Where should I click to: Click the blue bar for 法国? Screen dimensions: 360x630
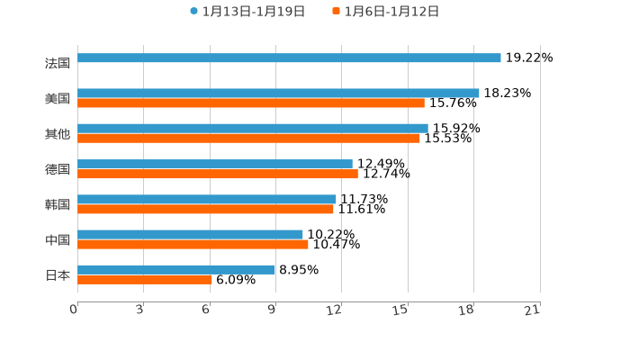[289, 58]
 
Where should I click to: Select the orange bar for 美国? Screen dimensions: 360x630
[251, 103]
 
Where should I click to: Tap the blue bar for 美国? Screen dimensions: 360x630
[278, 93]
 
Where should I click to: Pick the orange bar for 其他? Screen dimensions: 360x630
[248, 139]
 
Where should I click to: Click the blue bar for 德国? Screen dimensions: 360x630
[215, 164]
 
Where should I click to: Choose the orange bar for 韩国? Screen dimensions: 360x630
[205, 210]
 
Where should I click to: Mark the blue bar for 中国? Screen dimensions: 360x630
[190, 234]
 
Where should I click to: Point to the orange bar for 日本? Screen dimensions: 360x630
[145, 280]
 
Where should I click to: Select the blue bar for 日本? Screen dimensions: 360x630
[176, 269]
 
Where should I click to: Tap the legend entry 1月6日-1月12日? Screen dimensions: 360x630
[391, 12]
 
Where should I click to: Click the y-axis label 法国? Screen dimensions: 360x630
[58, 63]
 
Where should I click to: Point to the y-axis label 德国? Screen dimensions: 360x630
[58, 169]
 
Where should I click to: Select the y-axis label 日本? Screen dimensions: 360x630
[58, 274]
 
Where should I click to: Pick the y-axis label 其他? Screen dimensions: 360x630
[58, 133]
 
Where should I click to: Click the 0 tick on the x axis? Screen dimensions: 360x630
[74, 310]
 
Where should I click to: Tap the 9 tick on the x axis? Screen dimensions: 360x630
[272, 310]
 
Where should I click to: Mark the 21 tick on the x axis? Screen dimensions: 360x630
[533, 310]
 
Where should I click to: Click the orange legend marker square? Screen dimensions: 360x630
[337, 12]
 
